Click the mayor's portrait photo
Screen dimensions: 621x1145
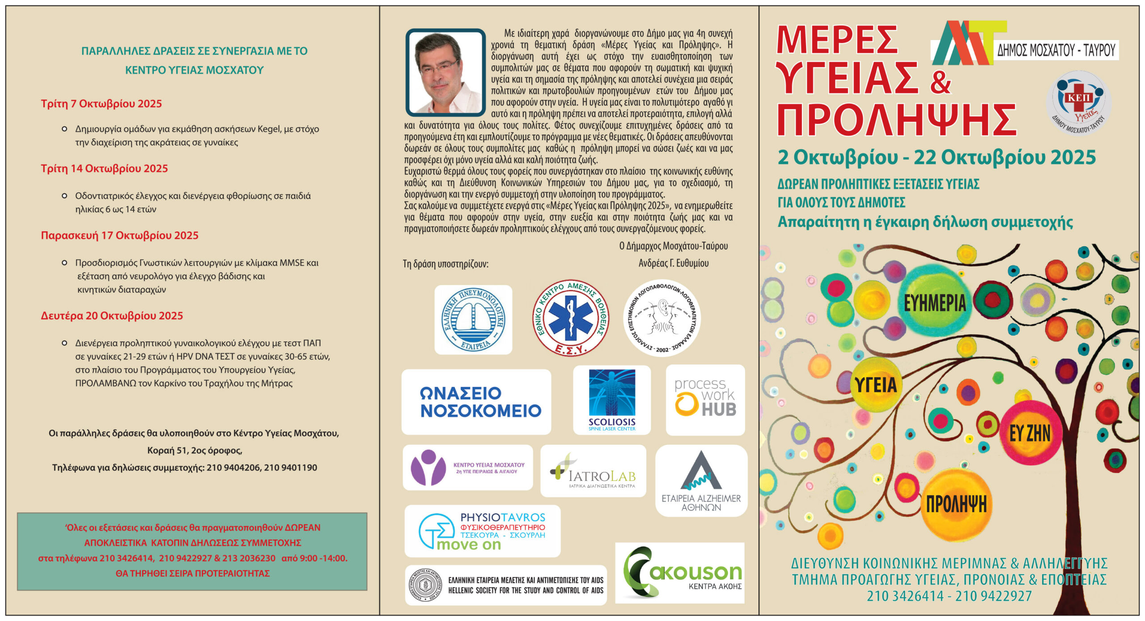point(445,72)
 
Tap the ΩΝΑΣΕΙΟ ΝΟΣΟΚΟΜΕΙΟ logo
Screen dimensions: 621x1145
point(476,402)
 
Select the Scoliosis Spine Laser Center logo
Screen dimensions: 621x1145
point(612,400)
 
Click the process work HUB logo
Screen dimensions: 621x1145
point(705,400)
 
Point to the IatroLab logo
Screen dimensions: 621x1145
point(593,471)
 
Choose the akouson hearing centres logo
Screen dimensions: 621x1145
point(680,573)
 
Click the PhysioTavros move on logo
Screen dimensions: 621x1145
point(482,531)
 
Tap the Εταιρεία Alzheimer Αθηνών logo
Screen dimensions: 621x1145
point(701,481)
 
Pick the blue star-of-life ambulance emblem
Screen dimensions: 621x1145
point(570,318)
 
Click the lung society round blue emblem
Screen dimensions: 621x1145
point(473,319)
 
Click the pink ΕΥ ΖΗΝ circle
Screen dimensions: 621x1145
point(1030,433)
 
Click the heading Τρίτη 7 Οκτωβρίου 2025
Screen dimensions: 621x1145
point(102,104)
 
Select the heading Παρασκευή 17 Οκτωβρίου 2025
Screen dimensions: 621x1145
point(119,236)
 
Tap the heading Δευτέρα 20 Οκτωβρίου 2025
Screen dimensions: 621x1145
point(112,316)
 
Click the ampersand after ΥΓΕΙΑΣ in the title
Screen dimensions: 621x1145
point(940,83)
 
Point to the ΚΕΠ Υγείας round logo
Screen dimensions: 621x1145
point(1078,102)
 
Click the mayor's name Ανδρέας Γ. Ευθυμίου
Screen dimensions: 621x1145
point(673,263)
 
